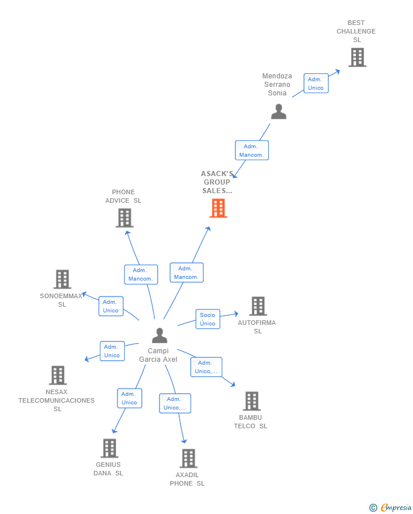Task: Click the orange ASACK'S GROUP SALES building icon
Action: (218, 208)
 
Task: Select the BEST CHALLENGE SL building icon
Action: (357, 57)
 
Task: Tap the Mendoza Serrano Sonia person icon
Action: (279, 111)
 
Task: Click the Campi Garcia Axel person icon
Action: (159, 336)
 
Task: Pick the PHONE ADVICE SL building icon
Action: (124, 218)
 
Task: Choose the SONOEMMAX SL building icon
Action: (62, 279)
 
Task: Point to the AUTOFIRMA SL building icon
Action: (258, 306)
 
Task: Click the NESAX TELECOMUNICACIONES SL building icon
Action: (57, 375)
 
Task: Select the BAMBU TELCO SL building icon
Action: (251, 401)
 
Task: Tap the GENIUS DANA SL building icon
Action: (109, 448)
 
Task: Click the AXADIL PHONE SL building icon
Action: (188, 458)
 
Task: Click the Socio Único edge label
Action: (208, 319)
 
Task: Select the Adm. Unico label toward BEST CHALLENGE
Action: (315, 83)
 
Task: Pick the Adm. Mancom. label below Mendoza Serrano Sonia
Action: (251, 151)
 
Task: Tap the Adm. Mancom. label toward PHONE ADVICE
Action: (141, 274)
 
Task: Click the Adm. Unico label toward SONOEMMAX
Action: (111, 306)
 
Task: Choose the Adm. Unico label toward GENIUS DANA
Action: (129, 398)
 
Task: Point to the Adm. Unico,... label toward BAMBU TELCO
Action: (206, 367)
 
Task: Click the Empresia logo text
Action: (395, 507)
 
